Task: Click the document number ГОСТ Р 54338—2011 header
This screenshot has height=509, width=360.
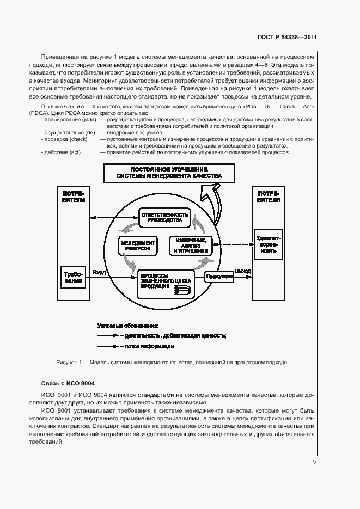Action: (x=287, y=38)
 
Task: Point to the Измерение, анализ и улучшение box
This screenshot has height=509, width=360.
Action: (x=190, y=246)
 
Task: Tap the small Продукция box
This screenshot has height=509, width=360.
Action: (x=219, y=277)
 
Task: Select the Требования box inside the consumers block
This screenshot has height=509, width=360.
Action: (x=73, y=277)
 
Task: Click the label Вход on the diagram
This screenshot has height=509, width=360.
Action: (x=99, y=272)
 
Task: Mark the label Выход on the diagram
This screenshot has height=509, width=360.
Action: (x=243, y=271)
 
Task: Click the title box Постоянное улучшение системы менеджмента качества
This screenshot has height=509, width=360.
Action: (x=169, y=173)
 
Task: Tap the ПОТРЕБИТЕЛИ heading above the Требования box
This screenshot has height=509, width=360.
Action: (x=74, y=197)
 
